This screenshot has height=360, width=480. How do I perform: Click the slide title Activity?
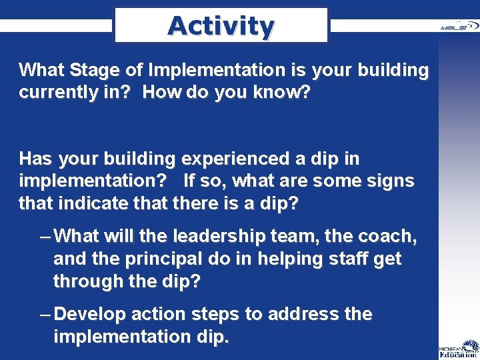(x=221, y=26)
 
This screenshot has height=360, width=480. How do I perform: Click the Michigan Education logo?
(x=458, y=346)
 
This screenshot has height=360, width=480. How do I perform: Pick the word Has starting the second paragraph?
(x=37, y=159)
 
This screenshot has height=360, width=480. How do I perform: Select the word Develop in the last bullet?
(x=90, y=314)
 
